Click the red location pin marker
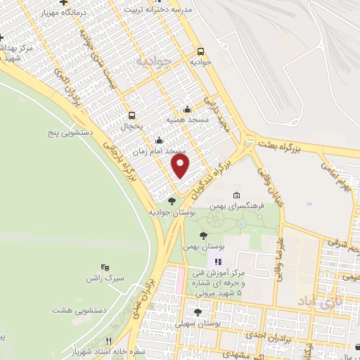[x=181, y=166]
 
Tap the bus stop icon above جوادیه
[x=201, y=51]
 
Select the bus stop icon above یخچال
[x=131, y=115]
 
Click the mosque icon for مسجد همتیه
[x=186, y=109]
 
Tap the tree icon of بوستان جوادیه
[x=172, y=201]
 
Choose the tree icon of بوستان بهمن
[x=203, y=236]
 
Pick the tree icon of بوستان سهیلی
[x=198, y=312]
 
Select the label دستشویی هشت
[x=80, y=309]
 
